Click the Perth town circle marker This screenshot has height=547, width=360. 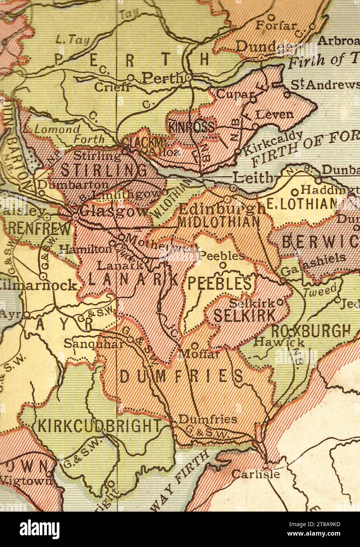(x=189, y=78)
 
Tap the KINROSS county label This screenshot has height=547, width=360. (x=192, y=127)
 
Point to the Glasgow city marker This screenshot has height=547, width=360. (x=75, y=216)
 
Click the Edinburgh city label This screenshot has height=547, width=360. (x=222, y=208)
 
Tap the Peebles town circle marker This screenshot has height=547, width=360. (x=223, y=265)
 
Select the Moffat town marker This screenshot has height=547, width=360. (x=194, y=346)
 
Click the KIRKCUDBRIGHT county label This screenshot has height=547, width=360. (x=99, y=426)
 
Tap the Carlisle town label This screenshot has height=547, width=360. (x=255, y=474)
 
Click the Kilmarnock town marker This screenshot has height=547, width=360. (x=44, y=277)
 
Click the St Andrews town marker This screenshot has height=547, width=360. (x=287, y=94)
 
